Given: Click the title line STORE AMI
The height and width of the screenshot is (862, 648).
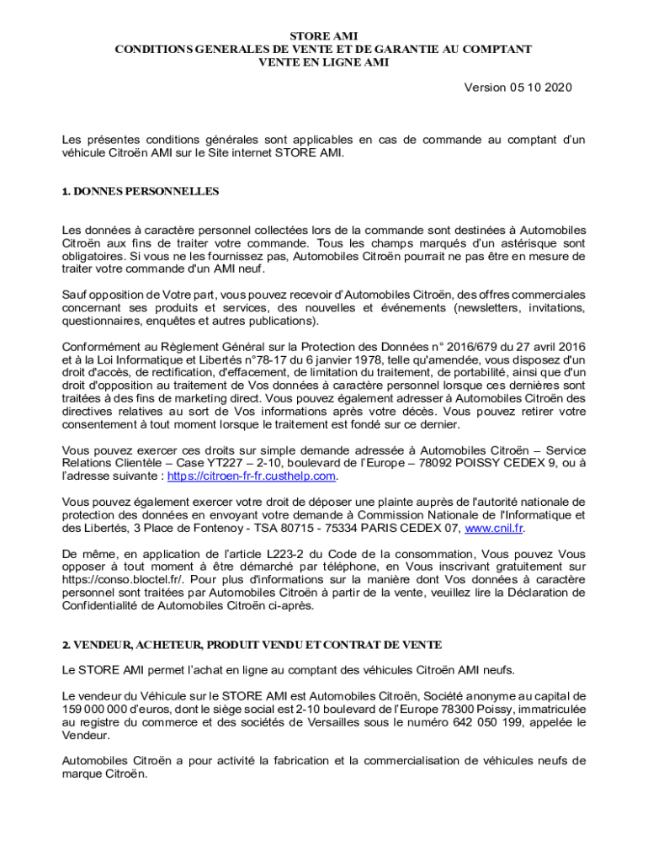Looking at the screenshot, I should [x=323, y=36].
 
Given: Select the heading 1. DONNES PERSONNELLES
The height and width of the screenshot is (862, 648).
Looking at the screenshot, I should [x=141, y=191].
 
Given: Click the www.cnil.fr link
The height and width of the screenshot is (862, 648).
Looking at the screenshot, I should [x=494, y=528].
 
